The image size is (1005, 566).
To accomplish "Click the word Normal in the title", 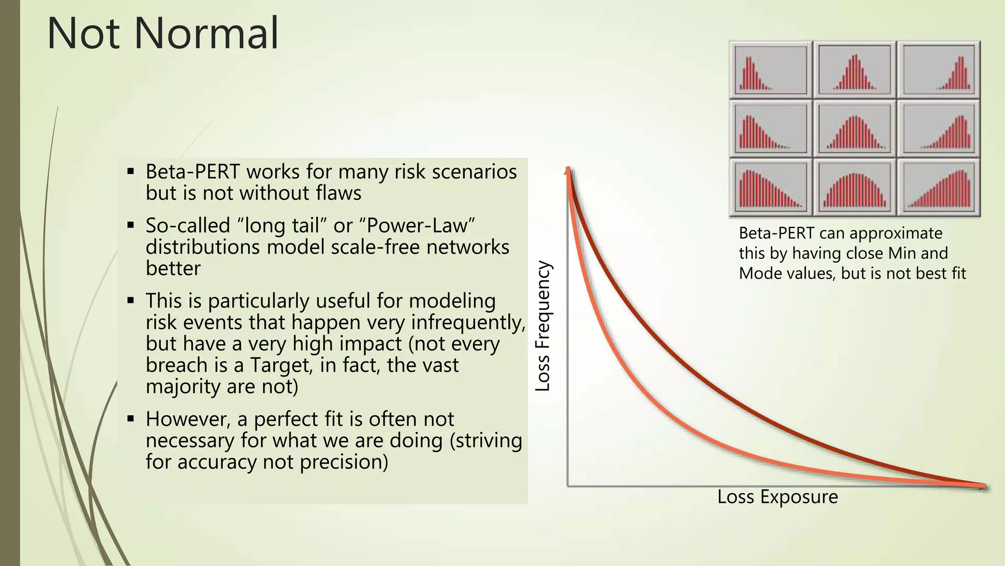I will pyautogui.click(x=206, y=33).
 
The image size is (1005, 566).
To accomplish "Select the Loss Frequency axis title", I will pyautogui.click(x=543, y=326).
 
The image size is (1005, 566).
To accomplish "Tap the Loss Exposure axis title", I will pyautogui.click(x=777, y=497).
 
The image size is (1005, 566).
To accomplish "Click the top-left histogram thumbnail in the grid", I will pyautogui.click(x=770, y=70).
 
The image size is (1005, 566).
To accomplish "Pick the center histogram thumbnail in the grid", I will pyautogui.click(x=854, y=129).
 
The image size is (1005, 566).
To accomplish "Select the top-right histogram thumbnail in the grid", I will pyautogui.click(x=938, y=70).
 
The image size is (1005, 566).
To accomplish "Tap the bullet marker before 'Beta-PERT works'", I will pyautogui.click(x=131, y=172).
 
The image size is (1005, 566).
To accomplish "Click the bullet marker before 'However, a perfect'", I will pyautogui.click(x=131, y=419).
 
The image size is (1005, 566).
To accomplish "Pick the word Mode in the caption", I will pyautogui.click(x=760, y=273).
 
